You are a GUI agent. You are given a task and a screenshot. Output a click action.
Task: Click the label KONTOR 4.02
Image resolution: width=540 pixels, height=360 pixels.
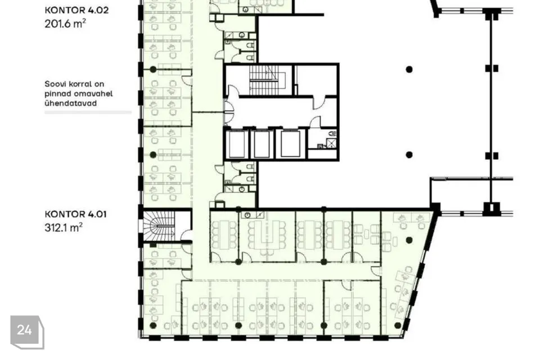click(76, 10)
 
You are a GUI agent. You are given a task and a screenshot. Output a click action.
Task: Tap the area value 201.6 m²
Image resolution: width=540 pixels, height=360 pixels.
click(65, 24)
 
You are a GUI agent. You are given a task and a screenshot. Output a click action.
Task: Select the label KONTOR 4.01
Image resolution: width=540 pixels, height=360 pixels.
click(75, 214)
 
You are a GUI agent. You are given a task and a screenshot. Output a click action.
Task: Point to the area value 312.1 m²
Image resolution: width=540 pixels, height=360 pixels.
click(64, 227)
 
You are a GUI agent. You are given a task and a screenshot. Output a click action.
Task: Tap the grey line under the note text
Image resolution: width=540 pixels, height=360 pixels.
click(88, 112)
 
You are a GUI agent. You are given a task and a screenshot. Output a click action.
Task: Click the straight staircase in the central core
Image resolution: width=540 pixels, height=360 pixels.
click(263, 80)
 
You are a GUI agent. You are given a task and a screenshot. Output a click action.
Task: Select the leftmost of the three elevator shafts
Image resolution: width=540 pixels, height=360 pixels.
click(237, 143)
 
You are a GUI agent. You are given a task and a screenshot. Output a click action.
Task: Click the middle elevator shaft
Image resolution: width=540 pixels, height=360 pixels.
click(262, 143)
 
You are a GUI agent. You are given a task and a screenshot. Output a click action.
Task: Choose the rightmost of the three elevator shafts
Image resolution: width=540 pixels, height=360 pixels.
click(291, 143)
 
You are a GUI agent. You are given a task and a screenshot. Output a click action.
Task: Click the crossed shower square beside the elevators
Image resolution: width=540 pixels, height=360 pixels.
click(331, 143)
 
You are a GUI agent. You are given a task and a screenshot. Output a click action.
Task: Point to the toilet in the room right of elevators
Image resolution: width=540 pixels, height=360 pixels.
click(332, 133)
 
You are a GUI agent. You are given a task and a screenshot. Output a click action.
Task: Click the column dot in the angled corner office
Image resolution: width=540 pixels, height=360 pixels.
click(409, 240)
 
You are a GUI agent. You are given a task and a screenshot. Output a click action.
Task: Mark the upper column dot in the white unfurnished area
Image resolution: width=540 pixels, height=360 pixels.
click(409, 70)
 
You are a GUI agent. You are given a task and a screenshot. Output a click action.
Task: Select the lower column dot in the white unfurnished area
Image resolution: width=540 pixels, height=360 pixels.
click(409, 155)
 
